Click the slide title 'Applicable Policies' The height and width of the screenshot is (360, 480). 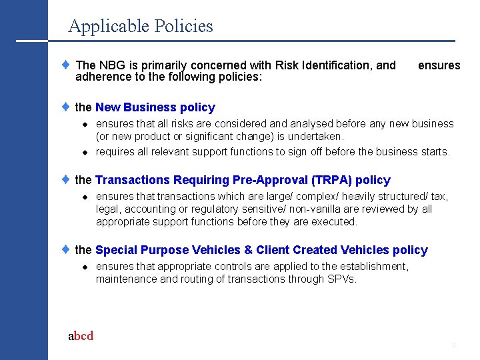[141, 26]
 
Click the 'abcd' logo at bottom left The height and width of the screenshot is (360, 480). [81, 336]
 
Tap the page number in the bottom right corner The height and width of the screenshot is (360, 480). [453, 345]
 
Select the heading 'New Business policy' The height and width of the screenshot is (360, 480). [155, 107]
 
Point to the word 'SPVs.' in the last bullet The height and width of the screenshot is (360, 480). [343, 279]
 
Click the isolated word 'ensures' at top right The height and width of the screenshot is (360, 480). [439, 65]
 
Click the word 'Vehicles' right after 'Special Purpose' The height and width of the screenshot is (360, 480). [216, 250]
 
